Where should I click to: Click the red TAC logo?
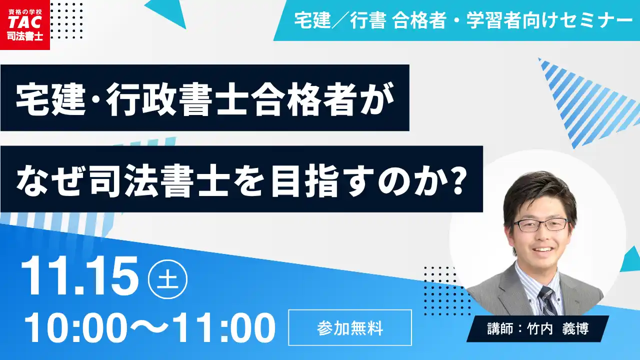coord(24,24)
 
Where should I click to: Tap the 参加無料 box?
coord(350,328)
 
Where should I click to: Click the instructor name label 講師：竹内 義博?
coord(537,328)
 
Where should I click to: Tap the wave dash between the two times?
coord(150,328)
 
